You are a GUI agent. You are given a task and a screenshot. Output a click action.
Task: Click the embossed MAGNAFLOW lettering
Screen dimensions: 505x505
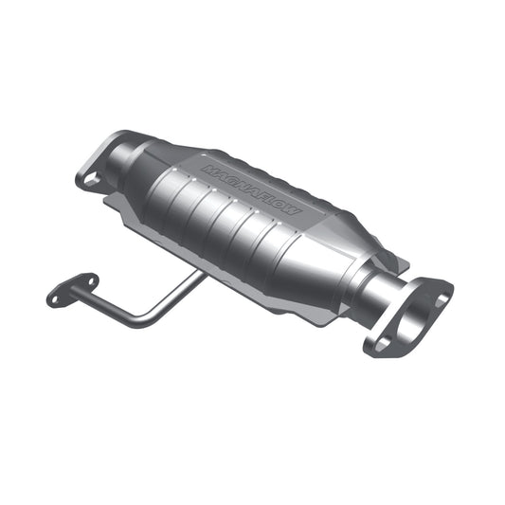251,190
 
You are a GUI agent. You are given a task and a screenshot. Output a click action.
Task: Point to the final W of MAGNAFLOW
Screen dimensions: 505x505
295,211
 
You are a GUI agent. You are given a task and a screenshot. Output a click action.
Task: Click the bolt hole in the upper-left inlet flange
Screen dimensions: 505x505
89,179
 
